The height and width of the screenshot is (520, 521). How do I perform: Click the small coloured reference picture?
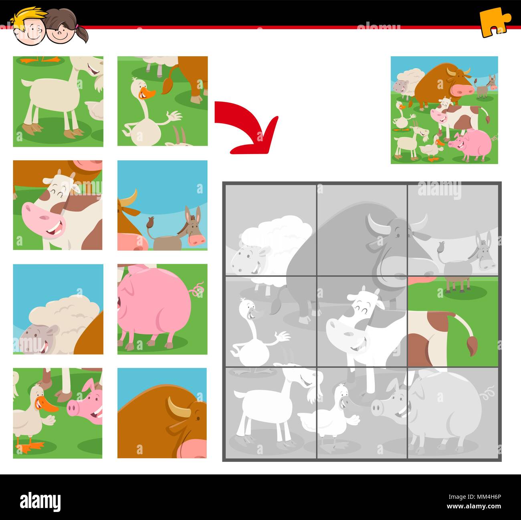(x=444, y=110)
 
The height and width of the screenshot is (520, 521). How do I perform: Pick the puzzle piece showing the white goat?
(x=58, y=101)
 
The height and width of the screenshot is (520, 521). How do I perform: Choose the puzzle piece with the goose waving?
(x=162, y=101)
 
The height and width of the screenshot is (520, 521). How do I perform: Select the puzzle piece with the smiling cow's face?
(x=58, y=205)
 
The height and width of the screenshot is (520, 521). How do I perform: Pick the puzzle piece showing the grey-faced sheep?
(x=58, y=309)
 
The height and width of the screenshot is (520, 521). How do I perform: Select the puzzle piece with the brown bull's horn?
(x=162, y=413)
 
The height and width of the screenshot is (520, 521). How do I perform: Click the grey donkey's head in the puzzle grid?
(x=486, y=256)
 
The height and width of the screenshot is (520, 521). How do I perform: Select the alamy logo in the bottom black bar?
(x=40, y=501)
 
